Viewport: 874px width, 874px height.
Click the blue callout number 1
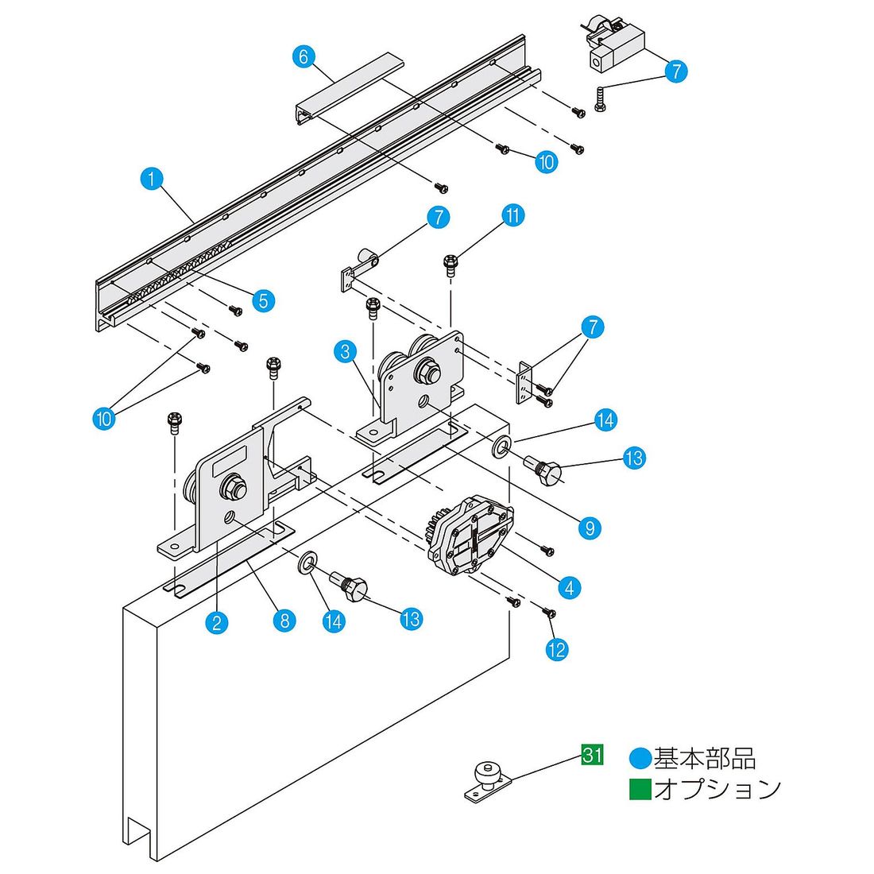click(152, 180)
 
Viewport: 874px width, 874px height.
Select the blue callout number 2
click(217, 622)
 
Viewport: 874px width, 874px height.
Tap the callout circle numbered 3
click(346, 352)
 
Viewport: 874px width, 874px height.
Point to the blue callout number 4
click(569, 587)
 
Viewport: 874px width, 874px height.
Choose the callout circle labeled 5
click(264, 301)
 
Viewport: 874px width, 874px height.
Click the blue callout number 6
click(304, 57)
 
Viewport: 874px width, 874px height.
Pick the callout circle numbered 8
click(284, 621)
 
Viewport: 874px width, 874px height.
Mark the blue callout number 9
click(590, 528)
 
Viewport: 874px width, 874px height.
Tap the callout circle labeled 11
click(512, 215)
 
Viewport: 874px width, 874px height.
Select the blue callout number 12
click(557, 649)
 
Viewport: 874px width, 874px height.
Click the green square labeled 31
click(592, 755)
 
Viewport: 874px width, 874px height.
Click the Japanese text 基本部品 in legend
click(705, 759)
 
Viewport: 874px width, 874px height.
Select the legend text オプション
click(717, 789)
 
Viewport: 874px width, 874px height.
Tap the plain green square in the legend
click(640, 789)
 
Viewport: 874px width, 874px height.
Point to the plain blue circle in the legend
click(640, 759)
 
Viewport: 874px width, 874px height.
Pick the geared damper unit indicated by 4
click(470, 535)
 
